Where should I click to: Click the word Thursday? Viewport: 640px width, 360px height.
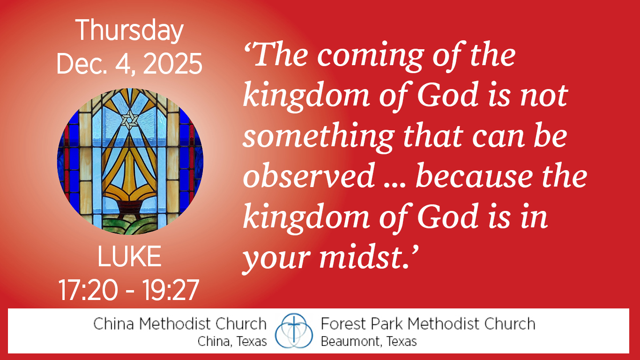[x=129, y=31]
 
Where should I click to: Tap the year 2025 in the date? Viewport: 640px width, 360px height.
[x=172, y=64]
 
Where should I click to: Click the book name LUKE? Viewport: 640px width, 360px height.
[x=129, y=256]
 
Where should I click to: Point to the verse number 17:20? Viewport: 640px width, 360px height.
[x=88, y=290]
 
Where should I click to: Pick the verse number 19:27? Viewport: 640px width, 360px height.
[x=171, y=290]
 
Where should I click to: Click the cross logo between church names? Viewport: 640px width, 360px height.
[x=294, y=331]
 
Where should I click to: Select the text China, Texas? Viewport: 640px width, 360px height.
[x=232, y=341]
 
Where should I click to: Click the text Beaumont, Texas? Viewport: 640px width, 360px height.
[x=369, y=341]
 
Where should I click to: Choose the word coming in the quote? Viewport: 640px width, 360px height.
[x=370, y=56]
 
